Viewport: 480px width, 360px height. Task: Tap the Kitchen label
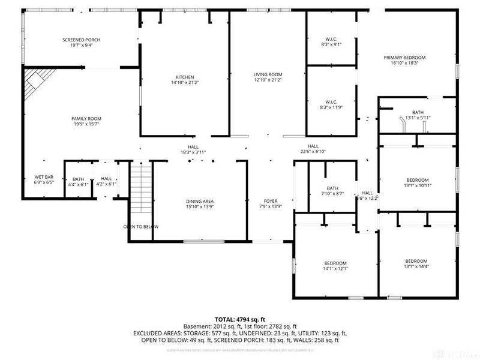(184, 77)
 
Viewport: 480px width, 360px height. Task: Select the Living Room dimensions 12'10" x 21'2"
(268, 80)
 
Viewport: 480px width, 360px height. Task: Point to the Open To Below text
(141, 226)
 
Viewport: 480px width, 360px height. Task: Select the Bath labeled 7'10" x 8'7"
(332, 191)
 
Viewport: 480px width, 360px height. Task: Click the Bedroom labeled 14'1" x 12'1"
(335, 266)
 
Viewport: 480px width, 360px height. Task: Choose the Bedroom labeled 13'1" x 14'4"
(416, 263)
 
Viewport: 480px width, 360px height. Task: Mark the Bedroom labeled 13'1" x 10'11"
(418, 183)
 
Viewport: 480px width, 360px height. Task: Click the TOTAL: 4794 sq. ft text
(240, 319)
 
